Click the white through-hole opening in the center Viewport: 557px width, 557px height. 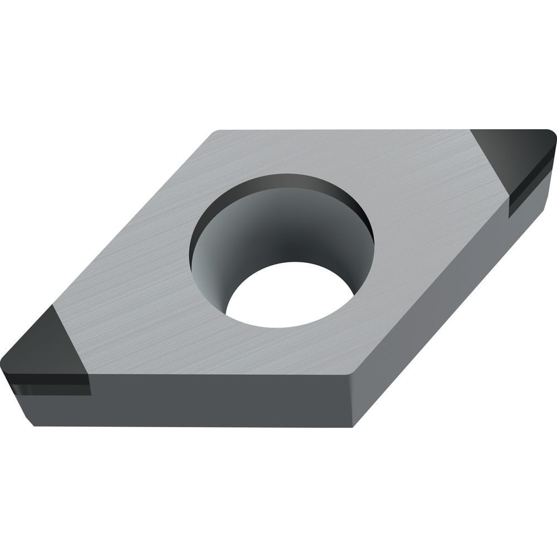(290, 295)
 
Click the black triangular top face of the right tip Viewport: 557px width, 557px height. (515, 156)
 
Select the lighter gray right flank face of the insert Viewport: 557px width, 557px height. (446, 312)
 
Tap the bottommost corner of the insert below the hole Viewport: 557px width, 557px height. (353, 427)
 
